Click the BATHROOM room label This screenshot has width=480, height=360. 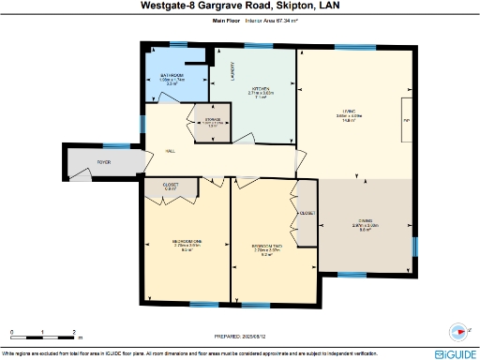[x=171, y=75]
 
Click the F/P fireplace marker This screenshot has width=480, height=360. [x=406, y=121]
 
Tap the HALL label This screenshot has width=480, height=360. [x=171, y=150]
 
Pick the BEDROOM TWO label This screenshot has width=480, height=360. [x=267, y=244]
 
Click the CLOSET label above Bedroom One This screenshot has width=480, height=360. [x=171, y=185]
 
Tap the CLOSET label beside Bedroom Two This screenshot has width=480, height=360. [x=307, y=213]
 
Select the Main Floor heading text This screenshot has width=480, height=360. [x=226, y=19]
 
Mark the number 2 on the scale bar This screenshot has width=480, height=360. [x=73, y=332]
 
